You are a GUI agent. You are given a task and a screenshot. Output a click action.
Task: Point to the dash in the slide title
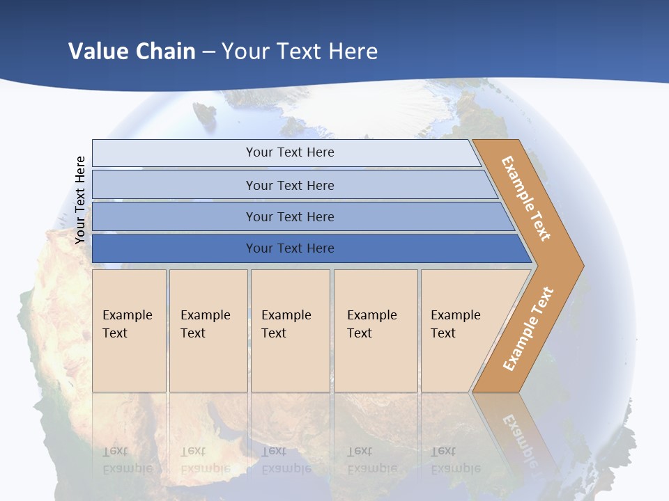[x=208, y=52]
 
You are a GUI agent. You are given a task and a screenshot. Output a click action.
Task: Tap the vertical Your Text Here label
[x=80, y=200]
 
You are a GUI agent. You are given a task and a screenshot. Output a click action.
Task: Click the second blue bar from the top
[x=289, y=185]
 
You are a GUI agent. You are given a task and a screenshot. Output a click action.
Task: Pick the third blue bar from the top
[x=289, y=216]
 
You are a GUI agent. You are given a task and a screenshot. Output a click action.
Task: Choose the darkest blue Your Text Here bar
[x=289, y=248]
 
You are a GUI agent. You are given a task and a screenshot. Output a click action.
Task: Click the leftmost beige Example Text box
[x=129, y=331]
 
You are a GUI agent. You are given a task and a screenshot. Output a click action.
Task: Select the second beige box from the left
[x=208, y=331]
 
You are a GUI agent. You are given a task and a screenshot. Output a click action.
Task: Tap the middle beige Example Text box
[x=290, y=331]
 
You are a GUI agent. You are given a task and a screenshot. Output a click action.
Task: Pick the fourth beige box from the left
[x=376, y=331]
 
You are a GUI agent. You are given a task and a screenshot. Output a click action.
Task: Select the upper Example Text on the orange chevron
[x=526, y=198]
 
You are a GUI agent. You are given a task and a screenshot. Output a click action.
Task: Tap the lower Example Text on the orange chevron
[x=528, y=328]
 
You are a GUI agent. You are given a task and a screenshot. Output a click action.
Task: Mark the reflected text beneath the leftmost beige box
[x=128, y=459]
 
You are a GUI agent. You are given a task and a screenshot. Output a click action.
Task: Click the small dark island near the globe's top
[x=205, y=113]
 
